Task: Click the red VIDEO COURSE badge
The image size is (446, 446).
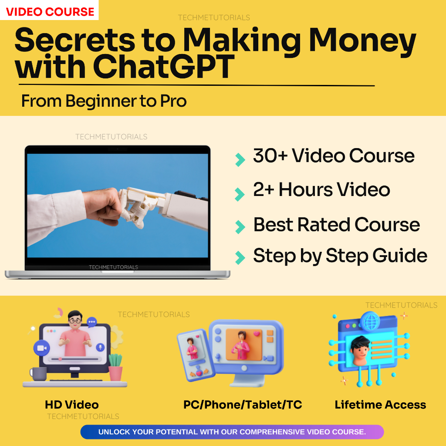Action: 50,11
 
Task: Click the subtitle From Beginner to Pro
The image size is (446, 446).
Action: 104,101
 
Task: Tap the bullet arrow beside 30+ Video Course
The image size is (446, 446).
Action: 240,160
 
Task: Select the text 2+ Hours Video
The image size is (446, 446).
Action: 321,189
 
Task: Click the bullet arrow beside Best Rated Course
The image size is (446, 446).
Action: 240,226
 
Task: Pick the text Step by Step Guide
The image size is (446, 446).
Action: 340,256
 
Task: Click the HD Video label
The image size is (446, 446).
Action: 71,405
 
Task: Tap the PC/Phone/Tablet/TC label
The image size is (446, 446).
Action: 243,405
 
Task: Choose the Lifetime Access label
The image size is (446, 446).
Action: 380,405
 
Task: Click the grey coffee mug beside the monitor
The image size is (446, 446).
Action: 38,374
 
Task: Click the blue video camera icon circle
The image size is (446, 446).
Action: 42,348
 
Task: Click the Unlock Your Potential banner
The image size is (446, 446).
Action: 232,432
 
